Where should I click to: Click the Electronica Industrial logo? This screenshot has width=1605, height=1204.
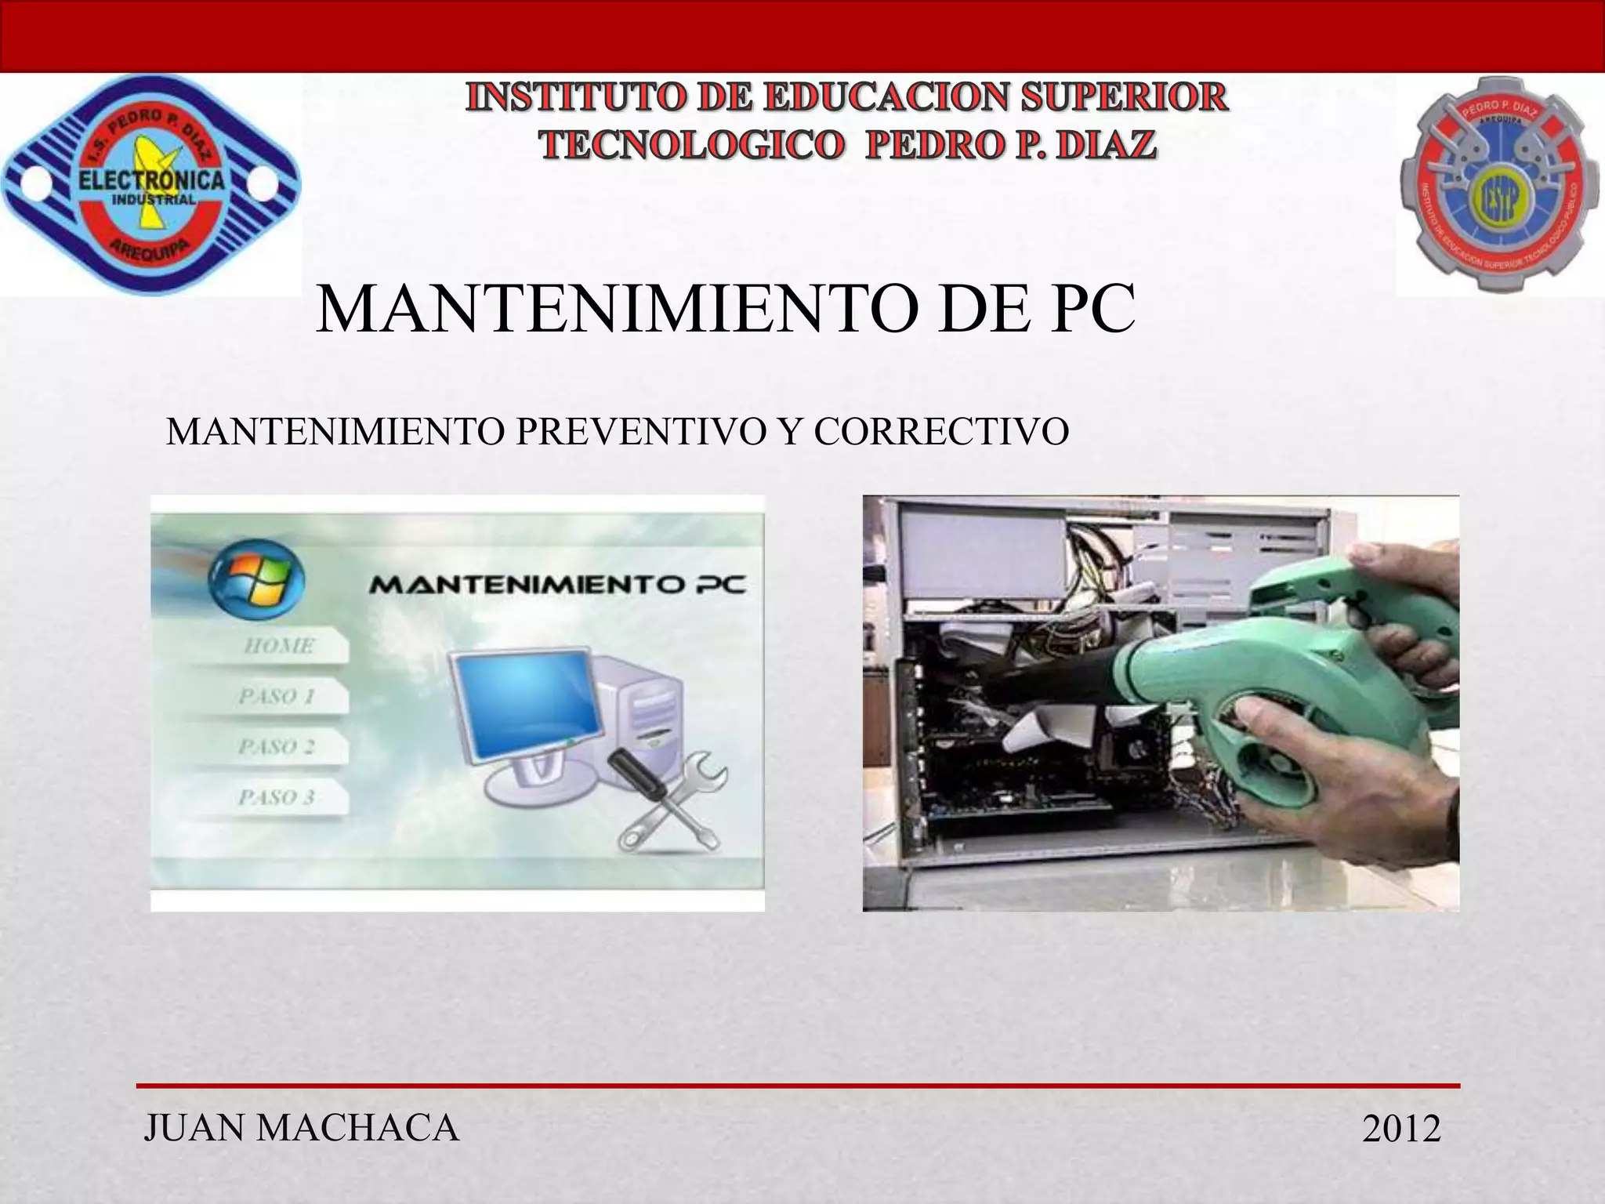point(151,186)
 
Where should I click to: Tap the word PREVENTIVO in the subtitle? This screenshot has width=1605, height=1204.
point(637,432)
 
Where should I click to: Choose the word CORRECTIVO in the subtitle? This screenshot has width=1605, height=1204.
point(941,432)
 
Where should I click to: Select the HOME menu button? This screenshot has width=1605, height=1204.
point(279,647)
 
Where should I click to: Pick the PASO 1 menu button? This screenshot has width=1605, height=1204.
point(277,697)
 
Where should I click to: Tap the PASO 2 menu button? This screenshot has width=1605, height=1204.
point(277,747)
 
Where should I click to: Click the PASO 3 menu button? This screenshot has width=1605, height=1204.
point(277,798)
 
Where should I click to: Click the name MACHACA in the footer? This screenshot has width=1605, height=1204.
point(357,1128)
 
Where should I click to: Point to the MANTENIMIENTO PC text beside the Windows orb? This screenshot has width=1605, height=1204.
point(557,585)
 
